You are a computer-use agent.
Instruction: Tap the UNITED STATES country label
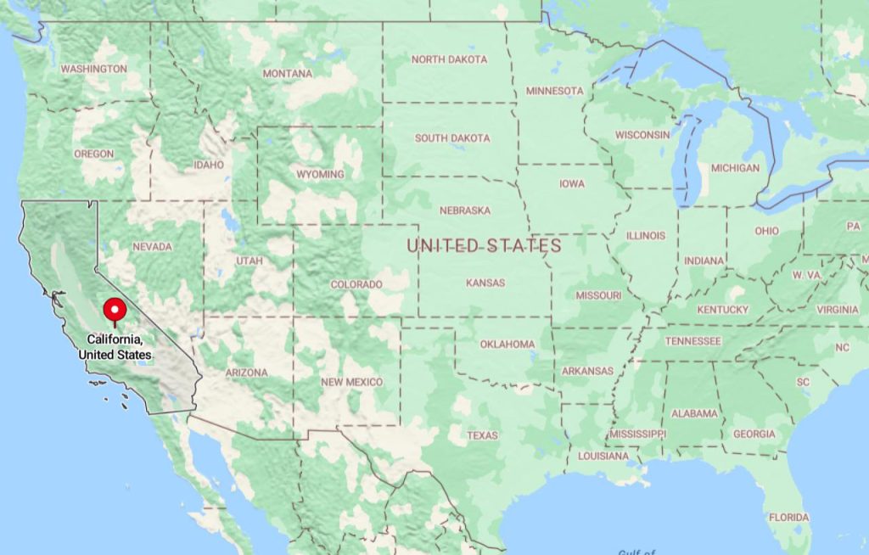pos(484,246)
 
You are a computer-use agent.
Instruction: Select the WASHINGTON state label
pos(94,69)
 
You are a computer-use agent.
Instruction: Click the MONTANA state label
pos(287,74)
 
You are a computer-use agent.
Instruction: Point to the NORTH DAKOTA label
pos(449,59)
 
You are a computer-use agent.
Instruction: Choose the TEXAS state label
pos(482,435)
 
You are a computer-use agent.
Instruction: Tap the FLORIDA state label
pos(788,517)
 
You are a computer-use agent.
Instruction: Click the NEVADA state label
pos(152,247)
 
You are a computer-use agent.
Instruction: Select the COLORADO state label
pos(356,284)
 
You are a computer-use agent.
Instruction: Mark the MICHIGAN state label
pos(735,168)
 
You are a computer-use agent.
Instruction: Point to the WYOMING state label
pos(320,175)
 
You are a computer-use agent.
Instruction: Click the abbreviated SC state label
pos(803,383)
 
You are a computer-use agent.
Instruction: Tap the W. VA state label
pos(806,276)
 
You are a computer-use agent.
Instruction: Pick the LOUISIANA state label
pos(603,456)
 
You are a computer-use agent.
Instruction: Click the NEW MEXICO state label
pos(351,382)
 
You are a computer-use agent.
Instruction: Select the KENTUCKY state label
pos(722,310)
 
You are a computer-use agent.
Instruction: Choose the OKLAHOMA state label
pos(507,344)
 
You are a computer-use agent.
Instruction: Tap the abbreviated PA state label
pos(853,227)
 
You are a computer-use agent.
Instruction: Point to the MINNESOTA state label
pos(555,91)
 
